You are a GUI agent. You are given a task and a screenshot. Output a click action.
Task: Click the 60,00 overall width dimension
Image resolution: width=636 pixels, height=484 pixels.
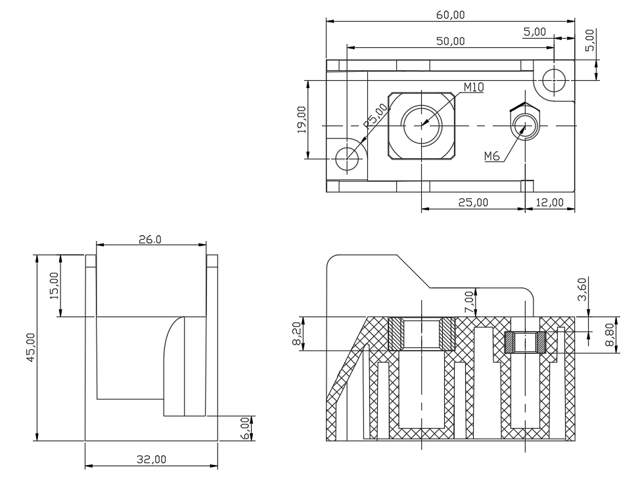coord(450,15)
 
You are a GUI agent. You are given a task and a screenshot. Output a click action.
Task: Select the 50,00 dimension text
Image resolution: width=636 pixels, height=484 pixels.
coord(450,41)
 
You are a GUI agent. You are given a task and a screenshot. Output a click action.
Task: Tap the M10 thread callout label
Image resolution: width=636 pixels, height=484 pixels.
coord(473,87)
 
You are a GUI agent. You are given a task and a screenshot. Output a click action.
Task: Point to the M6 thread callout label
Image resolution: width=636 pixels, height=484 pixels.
coord(491,156)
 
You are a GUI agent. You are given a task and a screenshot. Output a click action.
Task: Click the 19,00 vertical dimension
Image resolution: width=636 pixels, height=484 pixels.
coord(302,120)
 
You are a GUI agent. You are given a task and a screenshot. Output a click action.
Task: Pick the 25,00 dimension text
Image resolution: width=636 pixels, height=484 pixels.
coord(473,202)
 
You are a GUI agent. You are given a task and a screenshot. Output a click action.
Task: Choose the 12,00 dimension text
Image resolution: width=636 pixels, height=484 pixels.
coord(549,202)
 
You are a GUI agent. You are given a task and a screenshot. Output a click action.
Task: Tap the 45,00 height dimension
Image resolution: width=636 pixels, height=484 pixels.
coord(31,347)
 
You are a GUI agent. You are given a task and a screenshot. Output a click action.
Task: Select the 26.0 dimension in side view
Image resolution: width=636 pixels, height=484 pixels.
coord(150,240)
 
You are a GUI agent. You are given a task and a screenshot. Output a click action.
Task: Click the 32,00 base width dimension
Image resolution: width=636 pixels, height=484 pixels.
coord(151,459)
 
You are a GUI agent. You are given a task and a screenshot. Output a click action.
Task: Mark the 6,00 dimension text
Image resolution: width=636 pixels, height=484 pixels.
coord(245,428)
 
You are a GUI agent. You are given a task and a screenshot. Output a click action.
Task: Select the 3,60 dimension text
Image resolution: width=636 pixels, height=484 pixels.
coord(582,289)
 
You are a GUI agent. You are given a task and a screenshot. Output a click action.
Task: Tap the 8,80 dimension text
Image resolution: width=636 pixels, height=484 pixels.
coord(610,335)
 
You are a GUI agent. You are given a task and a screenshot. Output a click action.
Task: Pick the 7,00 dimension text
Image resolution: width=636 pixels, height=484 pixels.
coord(470,302)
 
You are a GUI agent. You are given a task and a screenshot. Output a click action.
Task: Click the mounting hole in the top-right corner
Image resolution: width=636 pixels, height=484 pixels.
coord(554,80)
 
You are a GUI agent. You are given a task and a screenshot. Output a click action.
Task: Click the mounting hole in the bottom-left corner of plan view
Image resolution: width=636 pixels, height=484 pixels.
coord(348,158)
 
